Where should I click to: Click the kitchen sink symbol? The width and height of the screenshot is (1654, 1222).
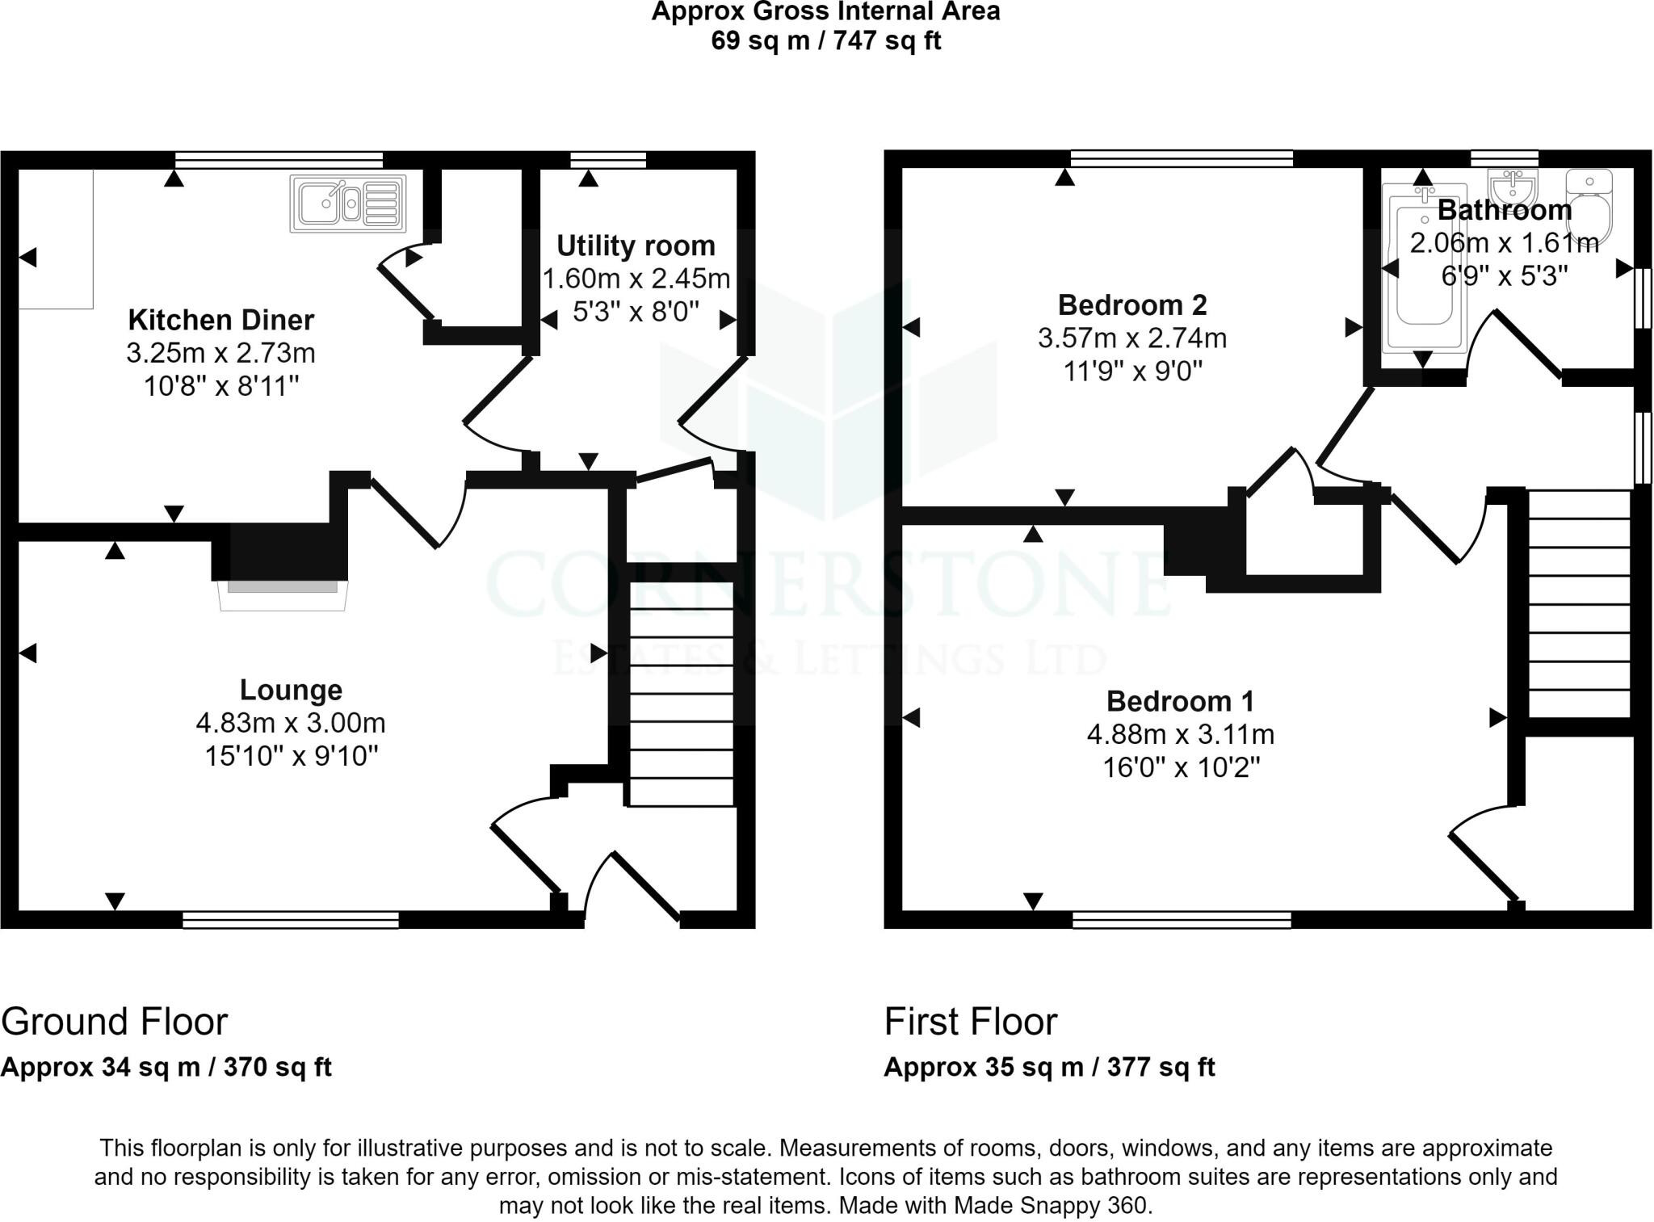tap(348, 203)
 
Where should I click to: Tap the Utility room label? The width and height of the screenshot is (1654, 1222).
tap(636, 246)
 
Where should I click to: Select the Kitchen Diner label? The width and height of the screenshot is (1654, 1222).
tap(220, 320)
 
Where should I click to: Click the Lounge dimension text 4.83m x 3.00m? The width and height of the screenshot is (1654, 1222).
tap(291, 723)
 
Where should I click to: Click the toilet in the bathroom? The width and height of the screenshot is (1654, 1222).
tap(1589, 206)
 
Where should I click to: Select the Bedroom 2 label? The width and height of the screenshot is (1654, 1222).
tap(1131, 305)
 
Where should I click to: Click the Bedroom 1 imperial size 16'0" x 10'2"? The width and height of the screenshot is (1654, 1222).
tap(1181, 767)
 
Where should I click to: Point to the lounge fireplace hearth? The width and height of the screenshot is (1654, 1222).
tap(283, 594)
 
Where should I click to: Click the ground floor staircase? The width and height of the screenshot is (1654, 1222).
tap(681, 694)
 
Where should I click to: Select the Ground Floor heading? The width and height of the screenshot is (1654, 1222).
tap(115, 1022)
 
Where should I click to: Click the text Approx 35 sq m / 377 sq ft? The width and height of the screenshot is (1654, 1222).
tap(1049, 1067)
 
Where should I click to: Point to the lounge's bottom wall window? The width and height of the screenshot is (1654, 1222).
tap(291, 920)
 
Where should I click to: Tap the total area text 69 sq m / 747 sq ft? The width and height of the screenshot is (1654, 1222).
tap(825, 41)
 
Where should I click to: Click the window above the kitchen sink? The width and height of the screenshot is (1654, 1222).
tap(279, 160)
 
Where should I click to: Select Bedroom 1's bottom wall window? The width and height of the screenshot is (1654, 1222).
tap(1182, 920)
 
